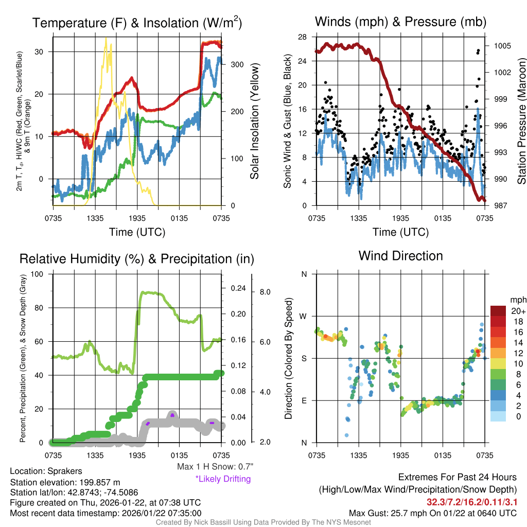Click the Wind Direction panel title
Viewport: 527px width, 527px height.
[400, 256]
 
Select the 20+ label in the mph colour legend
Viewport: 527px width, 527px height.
[518, 311]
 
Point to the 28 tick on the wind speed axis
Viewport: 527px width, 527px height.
[302, 37]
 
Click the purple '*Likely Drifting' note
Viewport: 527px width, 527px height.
[223, 479]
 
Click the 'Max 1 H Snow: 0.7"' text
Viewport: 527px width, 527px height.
[215, 467]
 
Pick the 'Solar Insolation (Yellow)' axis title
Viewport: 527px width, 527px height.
[254, 121]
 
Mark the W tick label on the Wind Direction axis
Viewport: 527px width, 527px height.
[304, 316]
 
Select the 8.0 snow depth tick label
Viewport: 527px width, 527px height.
[266, 292]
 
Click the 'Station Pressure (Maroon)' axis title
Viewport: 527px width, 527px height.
[521, 121]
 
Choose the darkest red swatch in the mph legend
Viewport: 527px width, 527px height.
[498, 311]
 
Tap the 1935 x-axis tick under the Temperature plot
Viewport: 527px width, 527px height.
[137, 218]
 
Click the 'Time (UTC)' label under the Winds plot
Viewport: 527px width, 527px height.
[401, 232]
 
